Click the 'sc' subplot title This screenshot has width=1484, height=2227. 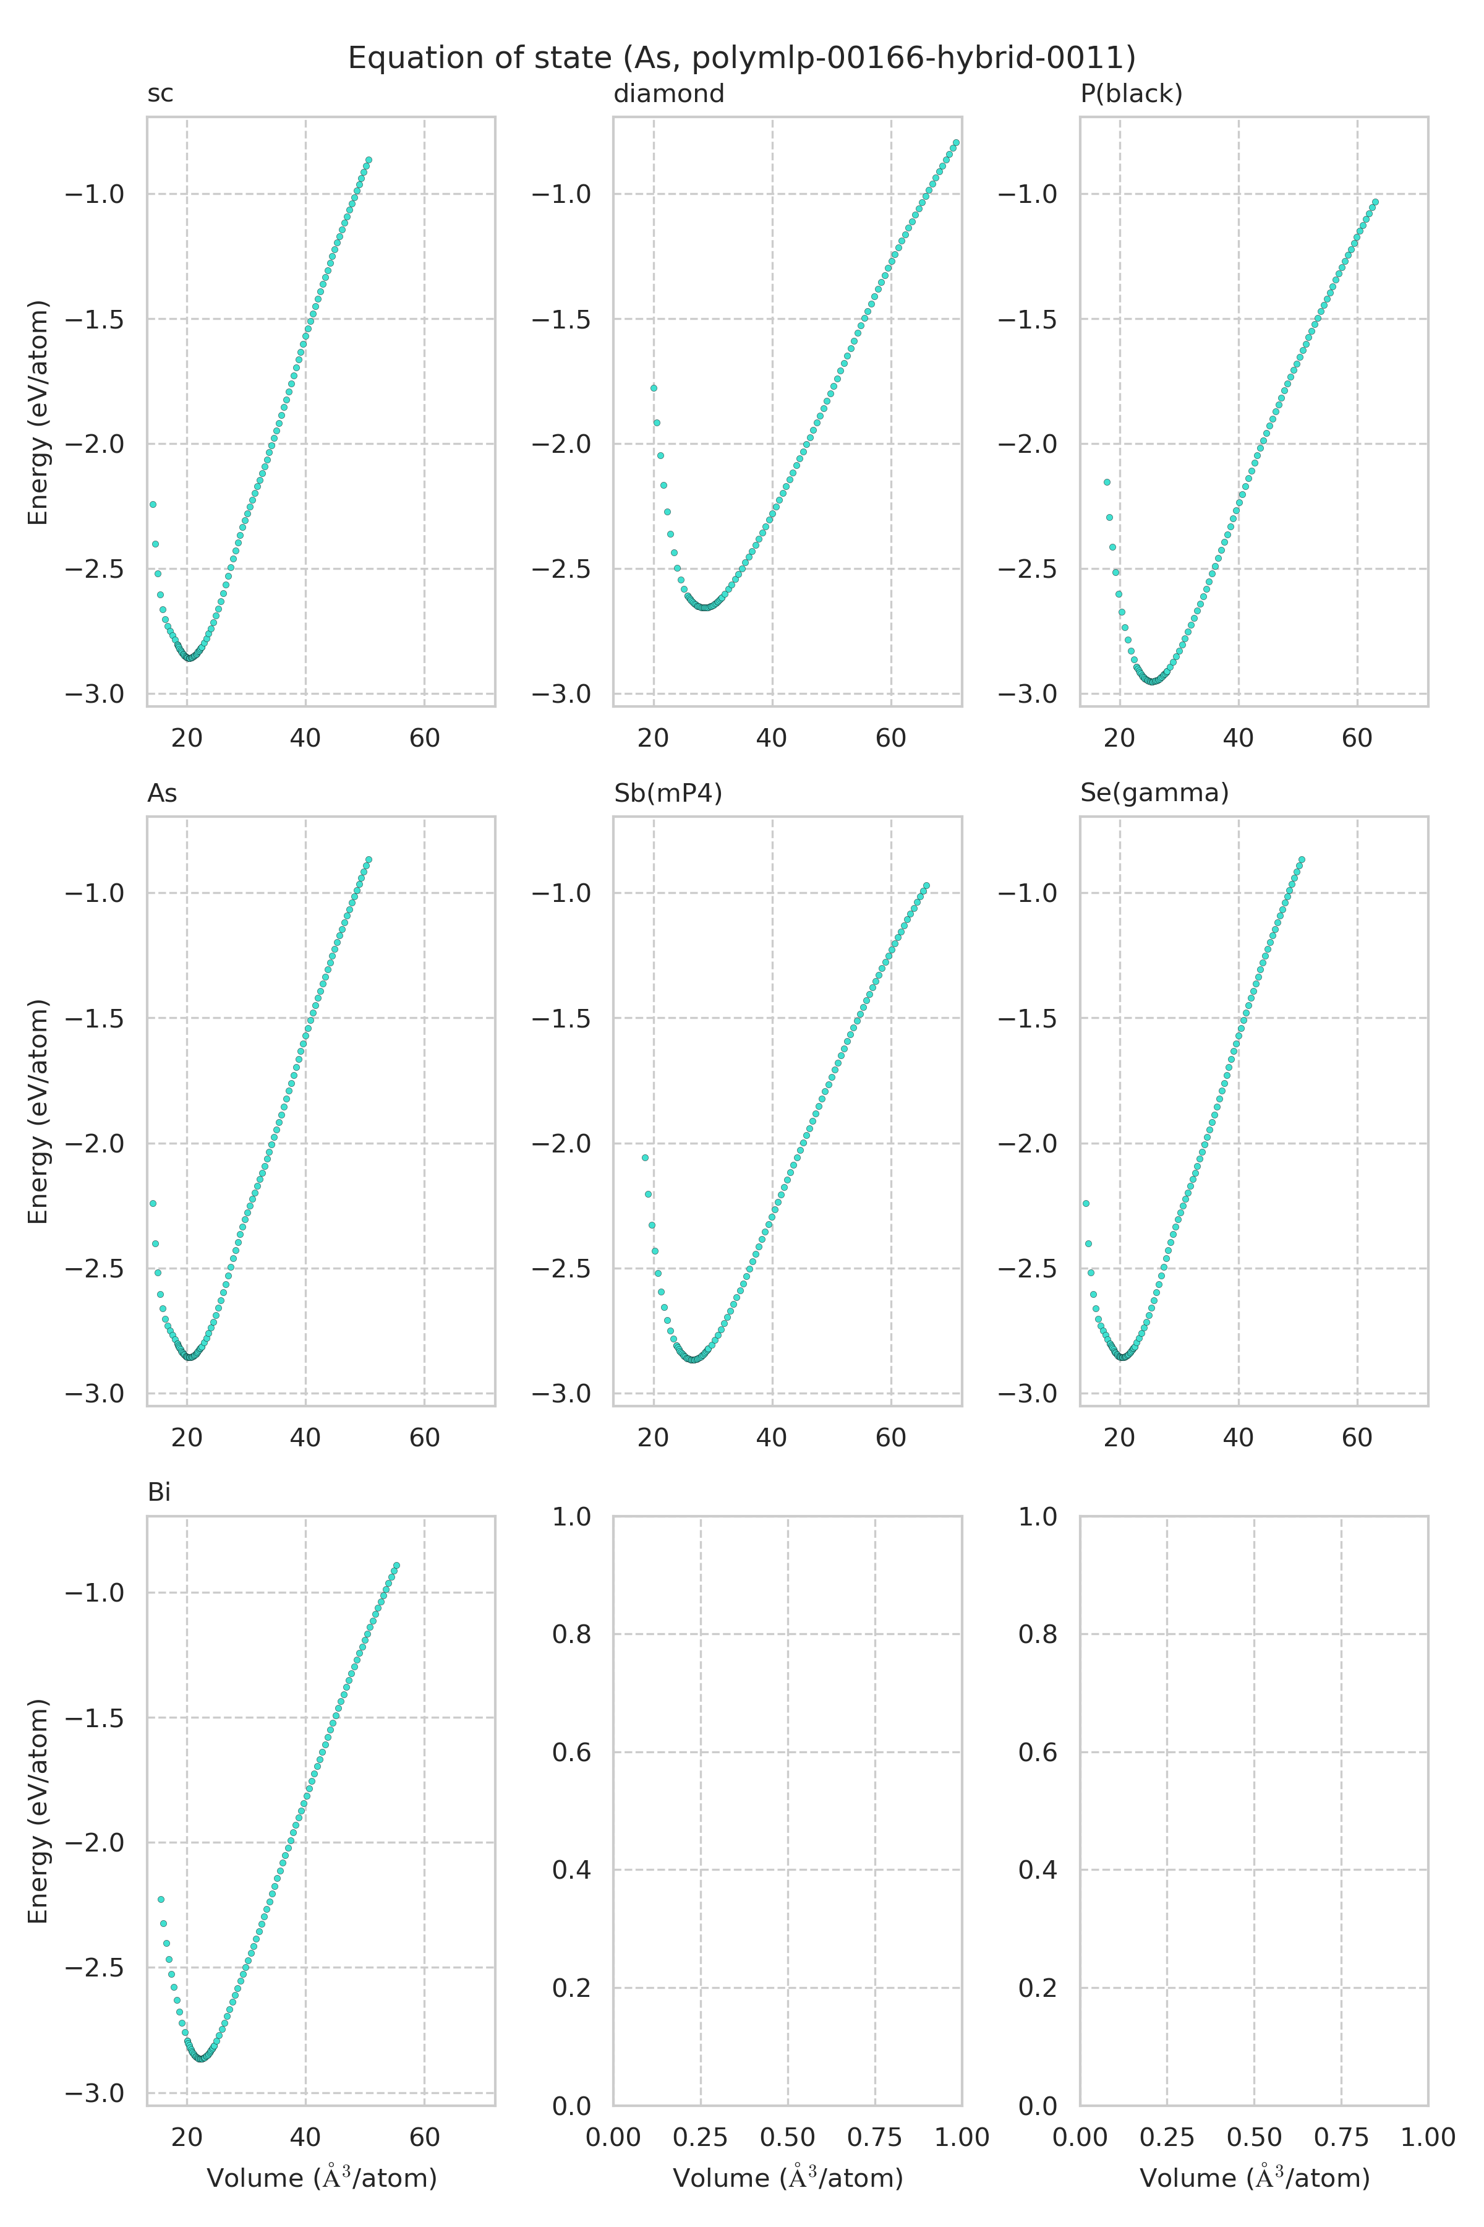(x=160, y=94)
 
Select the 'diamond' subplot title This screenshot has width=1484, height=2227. (x=668, y=94)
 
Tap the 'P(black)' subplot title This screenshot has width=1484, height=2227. (x=1131, y=94)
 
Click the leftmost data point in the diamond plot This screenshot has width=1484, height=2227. (x=653, y=388)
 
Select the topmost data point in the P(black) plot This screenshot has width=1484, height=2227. (x=1375, y=202)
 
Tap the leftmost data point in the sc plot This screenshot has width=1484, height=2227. (x=152, y=505)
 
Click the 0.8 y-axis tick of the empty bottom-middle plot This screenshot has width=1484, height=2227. (x=571, y=1634)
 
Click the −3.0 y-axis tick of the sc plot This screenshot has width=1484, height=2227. (x=95, y=694)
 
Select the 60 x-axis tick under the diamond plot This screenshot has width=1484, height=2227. (x=890, y=739)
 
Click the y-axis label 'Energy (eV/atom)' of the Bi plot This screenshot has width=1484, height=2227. (x=38, y=1811)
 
